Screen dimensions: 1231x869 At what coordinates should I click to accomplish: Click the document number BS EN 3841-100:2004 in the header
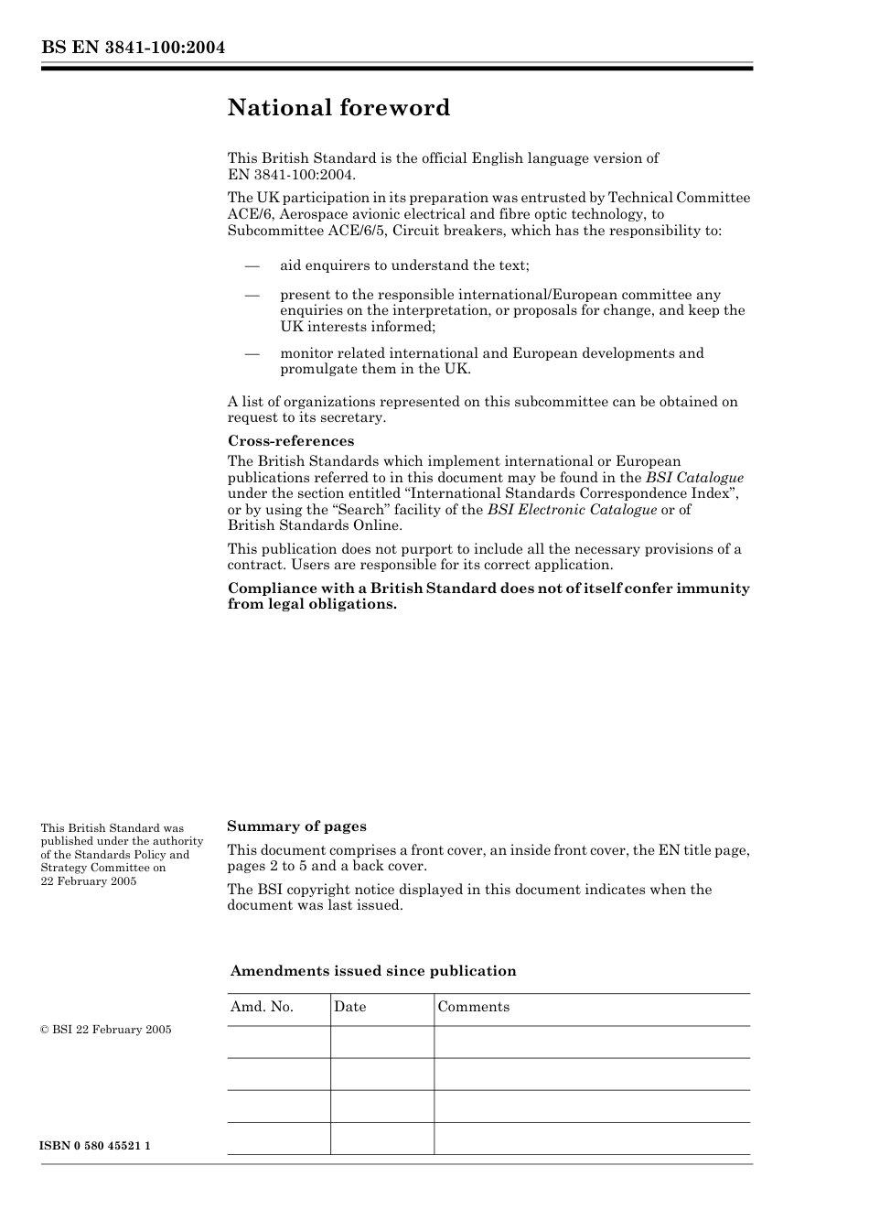pos(133,48)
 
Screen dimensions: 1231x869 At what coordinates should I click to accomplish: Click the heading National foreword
pos(338,108)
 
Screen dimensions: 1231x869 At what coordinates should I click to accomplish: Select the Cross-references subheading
pos(291,441)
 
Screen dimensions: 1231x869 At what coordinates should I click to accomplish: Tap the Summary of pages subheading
pos(296,826)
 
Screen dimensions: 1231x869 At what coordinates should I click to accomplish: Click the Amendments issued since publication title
pos(373,971)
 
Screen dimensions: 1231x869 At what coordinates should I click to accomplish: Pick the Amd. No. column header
pos(262,1007)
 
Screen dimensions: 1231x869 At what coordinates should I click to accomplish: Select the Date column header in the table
pos(349,1007)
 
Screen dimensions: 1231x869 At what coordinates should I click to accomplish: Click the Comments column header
pos(473,1007)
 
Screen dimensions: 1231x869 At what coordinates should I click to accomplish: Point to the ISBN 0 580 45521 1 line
pos(95,1146)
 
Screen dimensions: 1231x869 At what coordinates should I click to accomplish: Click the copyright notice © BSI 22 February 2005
pos(106,1030)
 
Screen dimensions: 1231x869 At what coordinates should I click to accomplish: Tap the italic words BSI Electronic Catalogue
pos(572,510)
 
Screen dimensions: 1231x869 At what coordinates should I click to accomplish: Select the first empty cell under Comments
pos(591,1042)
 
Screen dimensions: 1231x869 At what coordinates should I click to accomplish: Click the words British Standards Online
pos(315,525)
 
